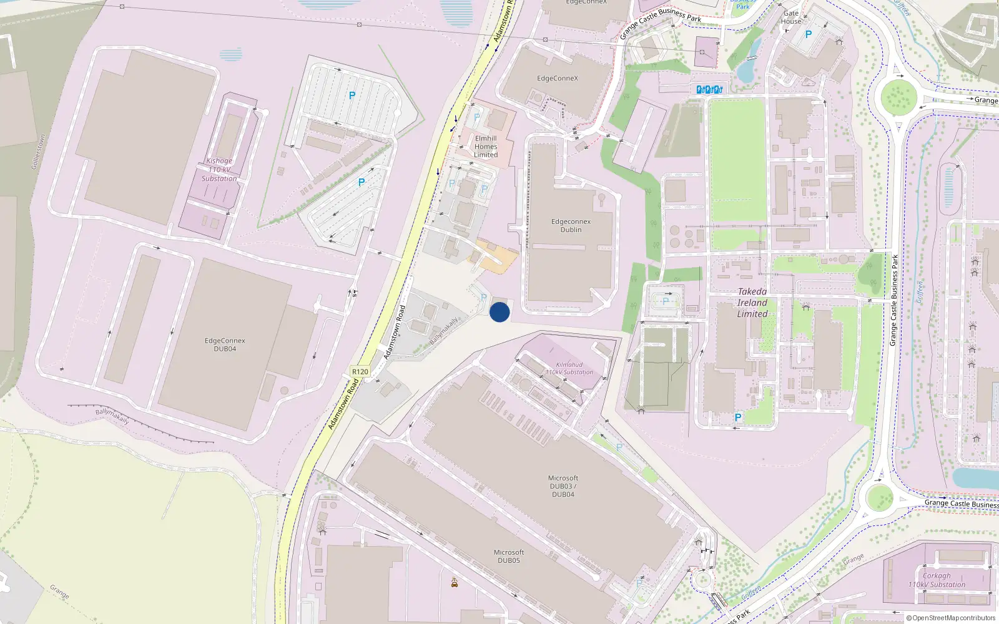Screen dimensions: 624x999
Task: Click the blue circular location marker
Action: (x=499, y=312)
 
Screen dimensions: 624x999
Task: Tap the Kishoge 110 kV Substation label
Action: (x=219, y=170)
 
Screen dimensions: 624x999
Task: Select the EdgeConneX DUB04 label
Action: (x=225, y=344)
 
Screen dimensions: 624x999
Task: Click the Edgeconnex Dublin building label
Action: (x=571, y=225)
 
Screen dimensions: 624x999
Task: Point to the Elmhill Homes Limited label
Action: (x=486, y=147)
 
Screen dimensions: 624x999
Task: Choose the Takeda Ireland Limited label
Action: (x=752, y=303)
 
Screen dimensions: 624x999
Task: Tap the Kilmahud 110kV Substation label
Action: (x=569, y=368)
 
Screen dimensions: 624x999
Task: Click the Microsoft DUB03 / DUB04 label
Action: (x=563, y=486)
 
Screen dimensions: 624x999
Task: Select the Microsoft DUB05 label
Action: (x=509, y=556)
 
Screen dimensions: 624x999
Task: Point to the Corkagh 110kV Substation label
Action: (x=937, y=580)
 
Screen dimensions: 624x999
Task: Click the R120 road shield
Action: (x=360, y=371)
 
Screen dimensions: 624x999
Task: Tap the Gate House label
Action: (x=791, y=17)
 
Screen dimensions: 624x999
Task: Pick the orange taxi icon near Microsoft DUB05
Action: (x=455, y=583)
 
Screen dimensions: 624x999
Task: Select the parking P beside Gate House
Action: (x=809, y=35)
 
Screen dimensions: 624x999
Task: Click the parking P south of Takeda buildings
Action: (x=738, y=417)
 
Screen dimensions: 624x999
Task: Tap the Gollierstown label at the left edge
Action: (x=38, y=152)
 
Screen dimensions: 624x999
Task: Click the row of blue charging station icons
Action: (x=709, y=90)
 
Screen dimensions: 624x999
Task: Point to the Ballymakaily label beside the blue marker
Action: (x=444, y=331)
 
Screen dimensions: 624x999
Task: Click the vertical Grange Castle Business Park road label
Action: (x=894, y=300)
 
